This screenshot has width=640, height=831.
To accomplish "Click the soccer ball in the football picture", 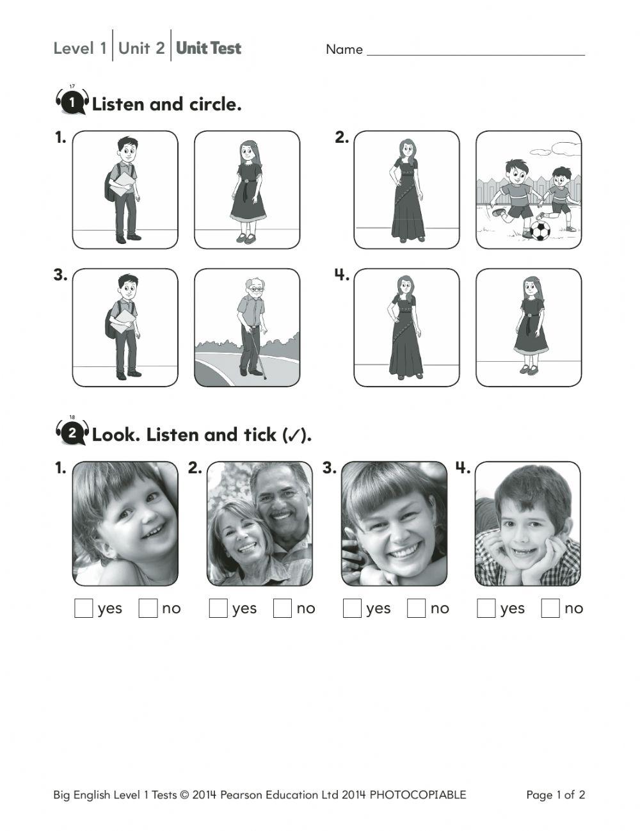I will tap(540, 230).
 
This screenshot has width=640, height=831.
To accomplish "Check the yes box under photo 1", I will tap(84, 608).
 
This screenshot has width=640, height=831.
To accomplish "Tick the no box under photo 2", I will tap(282, 608).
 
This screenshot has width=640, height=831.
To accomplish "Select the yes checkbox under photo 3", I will tap(352, 608).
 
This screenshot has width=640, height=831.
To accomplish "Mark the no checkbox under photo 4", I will tap(550, 608).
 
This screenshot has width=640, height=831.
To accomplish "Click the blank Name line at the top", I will tap(476, 50).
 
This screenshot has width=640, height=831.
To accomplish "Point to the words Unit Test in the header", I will tap(209, 48).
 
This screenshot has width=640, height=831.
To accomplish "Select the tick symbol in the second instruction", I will tap(294, 436).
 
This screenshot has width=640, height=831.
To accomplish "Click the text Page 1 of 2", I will tap(556, 795).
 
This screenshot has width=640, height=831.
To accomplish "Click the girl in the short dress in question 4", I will tap(530, 325).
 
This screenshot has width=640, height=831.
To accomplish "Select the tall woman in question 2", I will tap(407, 190).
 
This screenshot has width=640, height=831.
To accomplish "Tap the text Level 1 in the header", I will tap(80, 48).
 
